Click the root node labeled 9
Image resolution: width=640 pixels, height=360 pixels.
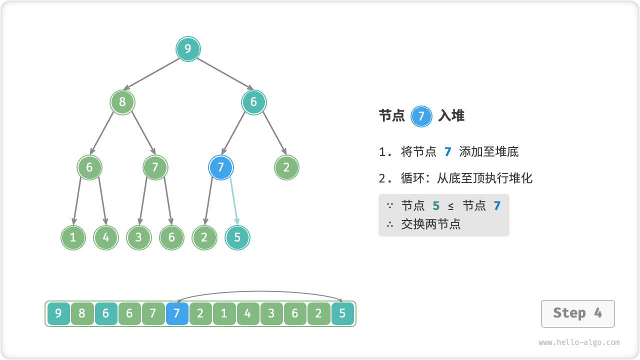(x=188, y=49)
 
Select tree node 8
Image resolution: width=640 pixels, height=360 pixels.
(x=122, y=102)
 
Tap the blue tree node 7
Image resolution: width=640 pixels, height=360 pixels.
(x=220, y=167)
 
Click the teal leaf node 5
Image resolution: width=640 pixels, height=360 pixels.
(x=237, y=237)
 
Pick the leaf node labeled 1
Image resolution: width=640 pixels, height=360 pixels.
(x=73, y=237)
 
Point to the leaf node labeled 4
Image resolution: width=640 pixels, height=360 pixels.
(x=106, y=237)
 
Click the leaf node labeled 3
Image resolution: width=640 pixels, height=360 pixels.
(x=138, y=237)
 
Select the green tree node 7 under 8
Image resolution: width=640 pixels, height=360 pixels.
(x=155, y=167)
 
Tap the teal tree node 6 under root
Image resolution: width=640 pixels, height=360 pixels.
(x=253, y=102)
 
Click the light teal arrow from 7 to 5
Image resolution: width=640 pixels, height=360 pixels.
(x=234, y=202)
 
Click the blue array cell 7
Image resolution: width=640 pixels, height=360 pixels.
(x=177, y=314)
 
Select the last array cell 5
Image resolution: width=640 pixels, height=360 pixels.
(x=342, y=314)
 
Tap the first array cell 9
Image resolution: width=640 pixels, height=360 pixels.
(x=58, y=314)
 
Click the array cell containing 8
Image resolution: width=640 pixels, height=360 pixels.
(x=82, y=314)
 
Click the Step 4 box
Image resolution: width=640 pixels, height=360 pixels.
(x=577, y=313)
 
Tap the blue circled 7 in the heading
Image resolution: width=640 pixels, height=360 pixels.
(x=421, y=116)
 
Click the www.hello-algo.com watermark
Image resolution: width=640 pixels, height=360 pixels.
(x=579, y=342)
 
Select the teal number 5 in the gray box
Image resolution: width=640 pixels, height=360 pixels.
(x=436, y=205)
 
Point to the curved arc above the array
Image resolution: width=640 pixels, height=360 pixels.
(x=259, y=291)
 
